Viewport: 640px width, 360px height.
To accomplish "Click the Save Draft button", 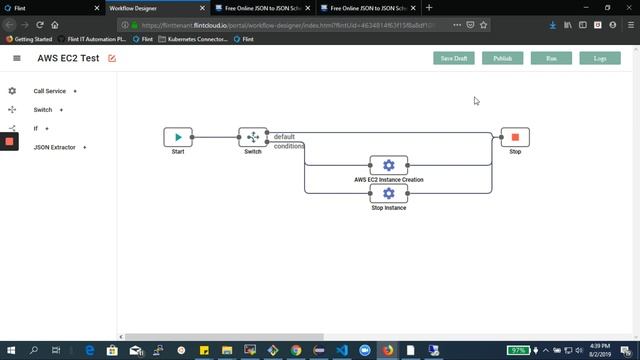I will [x=454, y=58].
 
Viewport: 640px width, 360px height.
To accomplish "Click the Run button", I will [x=551, y=58].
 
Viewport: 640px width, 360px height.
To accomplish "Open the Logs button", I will [x=600, y=58].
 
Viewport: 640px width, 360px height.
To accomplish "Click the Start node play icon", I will [x=178, y=137].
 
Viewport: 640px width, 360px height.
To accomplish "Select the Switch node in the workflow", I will [x=253, y=137].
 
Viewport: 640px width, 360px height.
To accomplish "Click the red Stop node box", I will [x=515, y=137].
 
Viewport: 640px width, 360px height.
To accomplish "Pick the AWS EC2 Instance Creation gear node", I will [x=389, y=165].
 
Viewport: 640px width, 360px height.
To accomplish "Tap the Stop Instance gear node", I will [x=389, y=193].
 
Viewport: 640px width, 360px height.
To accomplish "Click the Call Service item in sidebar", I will [x=49, y=91].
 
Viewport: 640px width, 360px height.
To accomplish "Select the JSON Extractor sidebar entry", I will [x=54, y=147].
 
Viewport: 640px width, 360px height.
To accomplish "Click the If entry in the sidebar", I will [x=36, y=128].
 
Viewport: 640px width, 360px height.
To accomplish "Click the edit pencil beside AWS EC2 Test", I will [x=112, y=59].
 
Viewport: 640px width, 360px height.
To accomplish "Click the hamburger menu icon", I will [x=17, y=59].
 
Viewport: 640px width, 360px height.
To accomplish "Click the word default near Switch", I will [x=284, y=136].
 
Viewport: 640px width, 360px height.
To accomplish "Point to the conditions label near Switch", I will [x=289, y=146].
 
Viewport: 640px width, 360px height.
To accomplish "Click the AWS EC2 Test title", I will [x=68, y=59].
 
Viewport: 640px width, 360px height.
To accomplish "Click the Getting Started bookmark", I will [x=30, y=39].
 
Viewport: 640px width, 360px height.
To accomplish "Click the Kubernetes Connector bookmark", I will [x=196, y=39].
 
